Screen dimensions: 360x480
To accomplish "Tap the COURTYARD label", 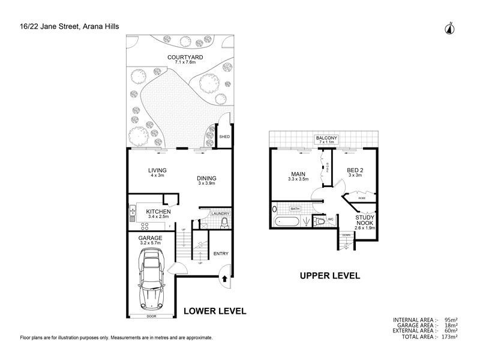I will [185, 58].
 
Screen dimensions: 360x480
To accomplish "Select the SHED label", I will [225, 137].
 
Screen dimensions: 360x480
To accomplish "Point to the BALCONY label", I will [327, 139].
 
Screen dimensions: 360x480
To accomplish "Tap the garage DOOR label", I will [151, 316].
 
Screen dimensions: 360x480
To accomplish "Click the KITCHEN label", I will [158, 212].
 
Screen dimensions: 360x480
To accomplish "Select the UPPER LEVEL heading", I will [330, 276].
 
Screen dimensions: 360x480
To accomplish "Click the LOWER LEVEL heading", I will [214, 311].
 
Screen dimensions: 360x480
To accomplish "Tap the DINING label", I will [206, 178].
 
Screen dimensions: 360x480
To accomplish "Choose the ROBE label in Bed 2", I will [361, 197].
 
